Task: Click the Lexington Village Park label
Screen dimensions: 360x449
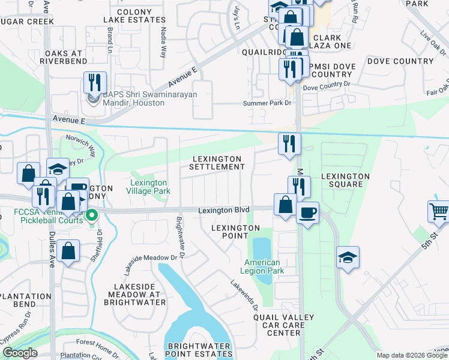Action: pyautogui.click(x=151, y=187)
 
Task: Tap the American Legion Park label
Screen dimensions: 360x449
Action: pyautogui.click(x=262, y=266)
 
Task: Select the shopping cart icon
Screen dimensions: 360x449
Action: pyautogui.click(x=439, y=212)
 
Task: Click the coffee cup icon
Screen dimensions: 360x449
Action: pyautogui.click(x=307, y=212)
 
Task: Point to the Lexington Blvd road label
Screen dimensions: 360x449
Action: pyautogui.click(x=223, y=211)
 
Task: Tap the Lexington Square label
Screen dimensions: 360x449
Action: pyautogui.click(x=345, y=180)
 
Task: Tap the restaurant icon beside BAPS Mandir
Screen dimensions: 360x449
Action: pyautogui.click(x=95, y=82)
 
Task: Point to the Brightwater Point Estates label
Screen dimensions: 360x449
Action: pyautogui.click(x=199, y=350)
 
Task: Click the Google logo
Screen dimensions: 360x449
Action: pyautogui.click(x=20, y=353)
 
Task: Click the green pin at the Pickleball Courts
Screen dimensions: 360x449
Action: pyautogui.click(x=91, y=215)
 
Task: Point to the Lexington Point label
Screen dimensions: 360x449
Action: pyautogui.click(x=235, y=232)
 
